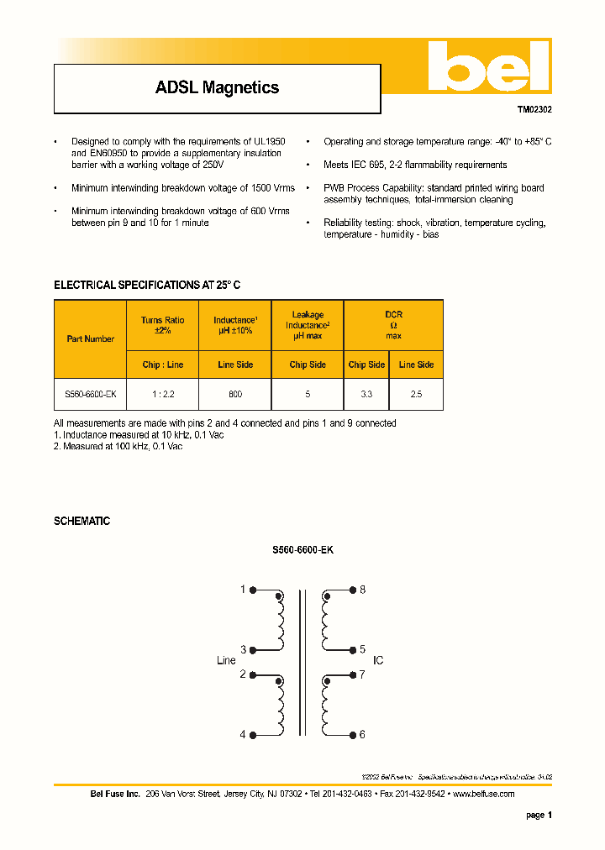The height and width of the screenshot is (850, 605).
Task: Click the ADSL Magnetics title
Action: (217, 87)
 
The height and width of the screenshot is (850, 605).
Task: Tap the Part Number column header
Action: (91, 339)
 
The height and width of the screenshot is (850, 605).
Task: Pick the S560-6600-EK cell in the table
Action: (91, 393)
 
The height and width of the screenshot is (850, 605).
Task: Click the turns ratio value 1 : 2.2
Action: (162, 393)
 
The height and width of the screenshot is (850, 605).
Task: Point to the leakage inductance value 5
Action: (308, 393)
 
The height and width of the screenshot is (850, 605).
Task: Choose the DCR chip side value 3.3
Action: (366, 393)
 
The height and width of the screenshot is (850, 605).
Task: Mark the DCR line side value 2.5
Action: (416, 393)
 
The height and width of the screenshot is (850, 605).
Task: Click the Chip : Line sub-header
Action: (162, 365)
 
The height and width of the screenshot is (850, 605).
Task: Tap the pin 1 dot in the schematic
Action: (255, 590)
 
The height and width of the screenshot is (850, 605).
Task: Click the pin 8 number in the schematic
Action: (362, 590)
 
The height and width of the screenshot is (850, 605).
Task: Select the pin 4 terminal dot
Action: (255, 734)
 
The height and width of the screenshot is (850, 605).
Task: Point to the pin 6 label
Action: (362, 734)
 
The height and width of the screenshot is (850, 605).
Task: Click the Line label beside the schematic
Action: (226, 661)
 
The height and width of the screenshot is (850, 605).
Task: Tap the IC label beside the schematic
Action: (378, 661)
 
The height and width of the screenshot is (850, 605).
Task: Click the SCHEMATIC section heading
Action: (82, 521)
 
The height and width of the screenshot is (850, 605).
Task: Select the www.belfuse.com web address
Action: (483, 794)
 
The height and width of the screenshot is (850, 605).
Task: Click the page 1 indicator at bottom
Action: (539, 815)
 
